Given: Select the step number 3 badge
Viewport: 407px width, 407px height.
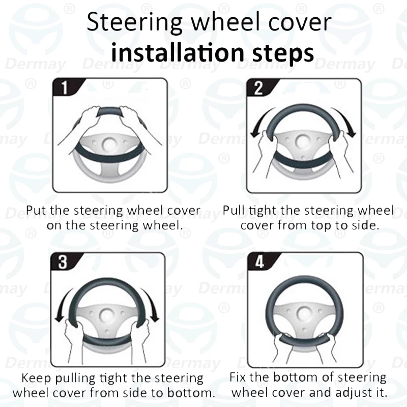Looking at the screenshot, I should click(x=63, y=262).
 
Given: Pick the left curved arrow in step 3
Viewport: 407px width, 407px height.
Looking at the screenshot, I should click(x=64, y=305).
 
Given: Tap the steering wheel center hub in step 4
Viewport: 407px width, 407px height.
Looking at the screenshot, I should click(x=304, y=315).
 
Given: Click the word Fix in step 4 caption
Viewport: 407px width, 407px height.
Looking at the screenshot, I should click(x=239, y=377).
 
